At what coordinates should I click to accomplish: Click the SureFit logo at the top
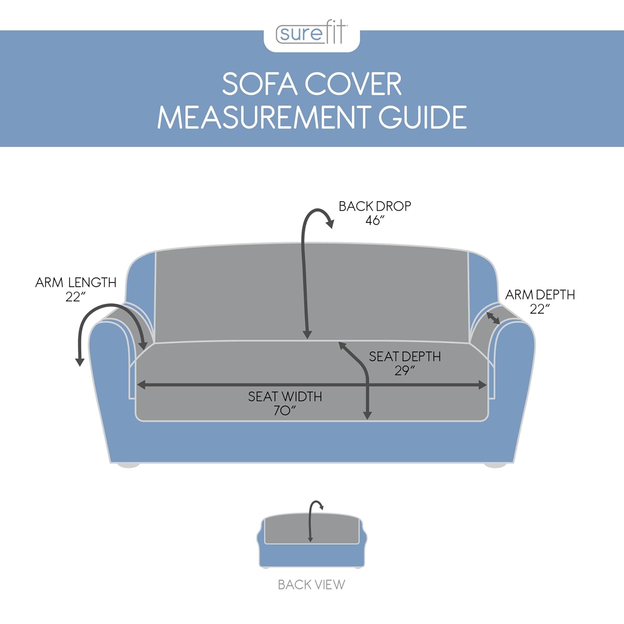[312, 33]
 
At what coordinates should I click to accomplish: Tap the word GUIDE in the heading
[422, 117]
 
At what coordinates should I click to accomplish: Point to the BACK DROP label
[375, 206]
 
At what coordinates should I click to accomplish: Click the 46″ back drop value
[375, 220]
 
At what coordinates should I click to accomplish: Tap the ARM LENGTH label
[76, 282]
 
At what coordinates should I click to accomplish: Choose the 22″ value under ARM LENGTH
[75, 297]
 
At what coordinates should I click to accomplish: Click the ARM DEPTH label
[540, 295]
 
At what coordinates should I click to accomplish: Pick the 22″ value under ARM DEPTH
[540, 309]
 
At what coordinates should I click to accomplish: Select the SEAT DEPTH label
[405, 357]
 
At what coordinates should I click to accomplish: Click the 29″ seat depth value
[405, 370]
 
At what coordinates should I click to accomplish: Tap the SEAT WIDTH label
[285, 396]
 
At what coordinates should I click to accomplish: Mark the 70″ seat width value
[285, 411]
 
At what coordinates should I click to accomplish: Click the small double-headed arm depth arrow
[493, 318]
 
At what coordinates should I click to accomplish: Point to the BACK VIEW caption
[312, 584]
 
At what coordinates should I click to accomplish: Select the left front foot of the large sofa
[128, 465]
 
